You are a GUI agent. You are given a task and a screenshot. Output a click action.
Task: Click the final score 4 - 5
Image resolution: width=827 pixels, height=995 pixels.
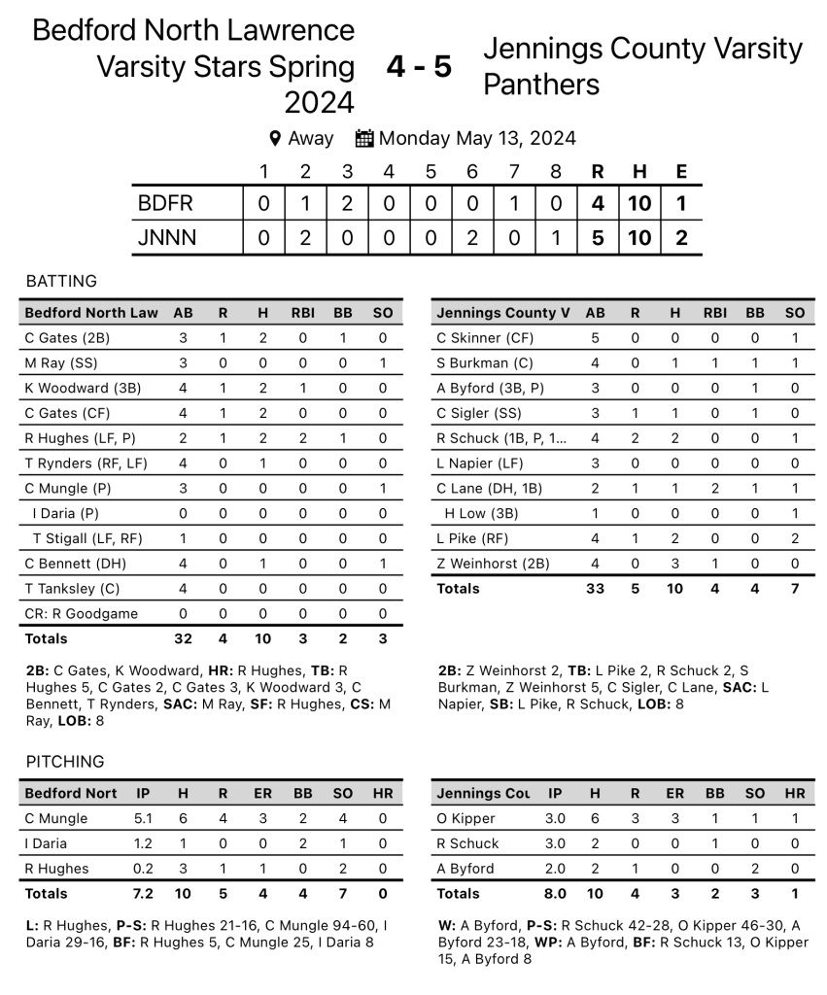pyautogui.click(x=419, y=67)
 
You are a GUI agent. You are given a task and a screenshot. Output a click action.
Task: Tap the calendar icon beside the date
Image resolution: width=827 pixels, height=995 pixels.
pyautogui.click(x=364, y=138)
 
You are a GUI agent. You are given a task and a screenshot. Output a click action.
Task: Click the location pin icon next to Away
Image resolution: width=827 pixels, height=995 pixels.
pyautogui.click(x=275, y=138)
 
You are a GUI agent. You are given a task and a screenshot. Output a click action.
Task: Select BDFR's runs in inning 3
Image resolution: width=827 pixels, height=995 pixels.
pyautogui.click(x=347, y=203)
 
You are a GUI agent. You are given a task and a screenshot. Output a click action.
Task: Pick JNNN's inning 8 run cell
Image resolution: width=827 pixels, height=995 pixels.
pyautogui.click(x=555, y=237)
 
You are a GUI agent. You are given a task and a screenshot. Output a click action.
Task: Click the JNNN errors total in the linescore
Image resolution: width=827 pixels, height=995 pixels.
pyautogui.click(x=681, y=237)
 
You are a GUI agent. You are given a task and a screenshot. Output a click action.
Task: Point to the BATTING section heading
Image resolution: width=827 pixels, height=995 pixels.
pyautogui.click(x=61, y=281)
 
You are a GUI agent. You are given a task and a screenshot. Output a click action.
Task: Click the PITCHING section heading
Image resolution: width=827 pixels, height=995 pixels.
pyautogui.click(x=64, y=761)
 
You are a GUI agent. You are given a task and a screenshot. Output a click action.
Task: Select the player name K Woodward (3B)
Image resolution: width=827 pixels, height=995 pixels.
pyautogui.click(x=83, y=388)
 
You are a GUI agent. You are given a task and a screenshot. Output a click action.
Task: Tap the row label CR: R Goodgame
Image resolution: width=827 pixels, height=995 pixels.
pyautogui.click(x=81, y=613)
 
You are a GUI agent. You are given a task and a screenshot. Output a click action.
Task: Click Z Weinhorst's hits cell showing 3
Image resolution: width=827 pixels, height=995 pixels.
pyautogui.click(x=674, y=563)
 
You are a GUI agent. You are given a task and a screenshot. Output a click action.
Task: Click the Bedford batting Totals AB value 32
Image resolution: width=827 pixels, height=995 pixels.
pyautogui.click(x=183, y=638)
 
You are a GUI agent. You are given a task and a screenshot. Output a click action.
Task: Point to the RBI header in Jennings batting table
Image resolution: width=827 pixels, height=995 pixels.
pyautogui.click(x=715, y=313)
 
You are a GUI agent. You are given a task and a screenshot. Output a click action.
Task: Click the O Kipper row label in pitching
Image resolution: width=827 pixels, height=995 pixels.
pyautogui.click(x=466, y=818)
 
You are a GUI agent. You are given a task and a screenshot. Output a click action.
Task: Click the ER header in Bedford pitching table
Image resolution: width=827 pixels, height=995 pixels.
pyautogui.click(x=263, y=793)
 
